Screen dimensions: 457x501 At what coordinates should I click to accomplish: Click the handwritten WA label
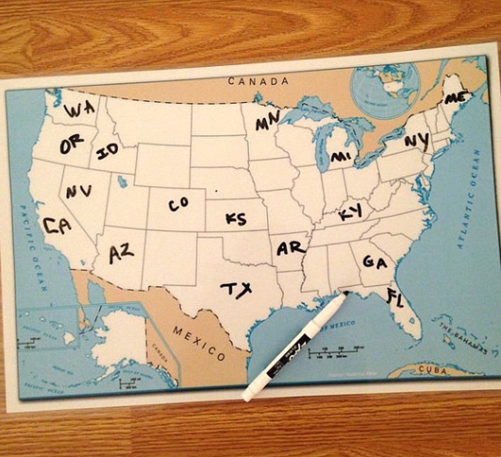point(79,109)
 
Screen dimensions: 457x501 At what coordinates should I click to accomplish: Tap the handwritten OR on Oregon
point(71,144)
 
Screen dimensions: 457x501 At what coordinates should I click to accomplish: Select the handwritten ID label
point(107,151)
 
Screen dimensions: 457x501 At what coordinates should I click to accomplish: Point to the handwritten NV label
point(79,191)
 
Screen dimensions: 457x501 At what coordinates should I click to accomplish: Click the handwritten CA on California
point(57,226)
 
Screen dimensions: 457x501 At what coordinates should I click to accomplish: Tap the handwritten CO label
point(178,204)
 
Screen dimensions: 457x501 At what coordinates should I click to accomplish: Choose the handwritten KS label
point(236,218)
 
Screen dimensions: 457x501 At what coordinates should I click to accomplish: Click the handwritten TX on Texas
point(236,289)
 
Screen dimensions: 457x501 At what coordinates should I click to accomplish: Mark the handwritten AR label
point(290,249)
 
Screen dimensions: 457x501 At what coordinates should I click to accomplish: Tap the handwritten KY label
point(350,213)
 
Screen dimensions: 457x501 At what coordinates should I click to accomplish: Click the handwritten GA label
point(374,262)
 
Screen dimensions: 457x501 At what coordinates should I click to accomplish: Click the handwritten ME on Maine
point(454,98)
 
